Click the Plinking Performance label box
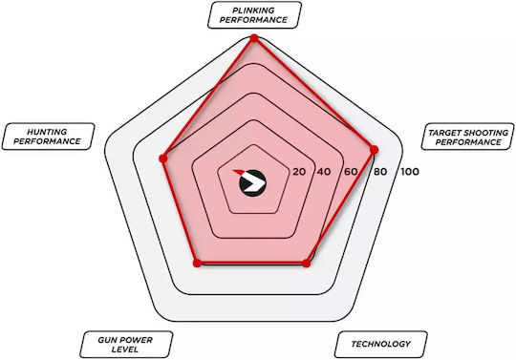click(254, 15)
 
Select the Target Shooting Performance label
click(467, 137)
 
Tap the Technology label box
click(380, 344)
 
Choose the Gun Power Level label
click(126, 344)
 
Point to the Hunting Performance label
click(48, 137)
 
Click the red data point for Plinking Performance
click(254, 38)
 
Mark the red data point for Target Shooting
click(374, 150)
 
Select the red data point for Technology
click(307, 263)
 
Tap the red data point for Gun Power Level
click(197, 263)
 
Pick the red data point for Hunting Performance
click(163, 159)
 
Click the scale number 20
click(299, 172)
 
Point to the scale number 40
click(324, 172)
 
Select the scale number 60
click(351, 172)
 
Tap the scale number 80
click(380, 172)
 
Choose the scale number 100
click(410, 172)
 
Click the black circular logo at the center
click(252, 183)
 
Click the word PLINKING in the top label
click(253, 11)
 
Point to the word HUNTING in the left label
click(47, 132)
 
